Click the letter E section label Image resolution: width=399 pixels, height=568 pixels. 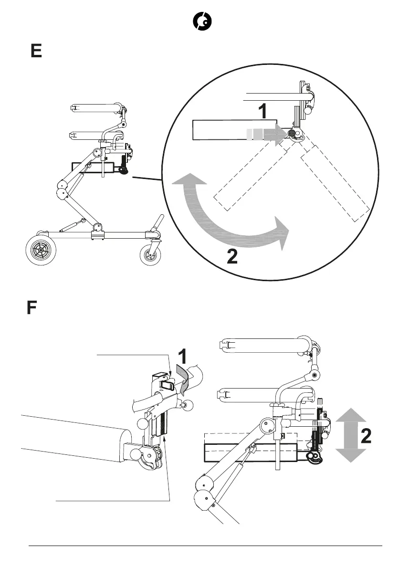coord(36,51)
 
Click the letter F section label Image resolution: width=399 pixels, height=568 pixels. coord(31,308)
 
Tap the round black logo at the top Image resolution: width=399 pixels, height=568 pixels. coord(202,21)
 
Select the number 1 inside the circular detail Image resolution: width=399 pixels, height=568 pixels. coord(262,111)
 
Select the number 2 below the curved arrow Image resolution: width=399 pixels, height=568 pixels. coord(231,257)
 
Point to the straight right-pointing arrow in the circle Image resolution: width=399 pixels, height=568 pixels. coord(267,134)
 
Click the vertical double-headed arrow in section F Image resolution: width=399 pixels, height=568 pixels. coord(351,435)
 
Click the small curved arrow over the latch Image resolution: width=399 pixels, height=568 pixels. coord(182,377)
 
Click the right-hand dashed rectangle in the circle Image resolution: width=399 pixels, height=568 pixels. coord(336,184)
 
